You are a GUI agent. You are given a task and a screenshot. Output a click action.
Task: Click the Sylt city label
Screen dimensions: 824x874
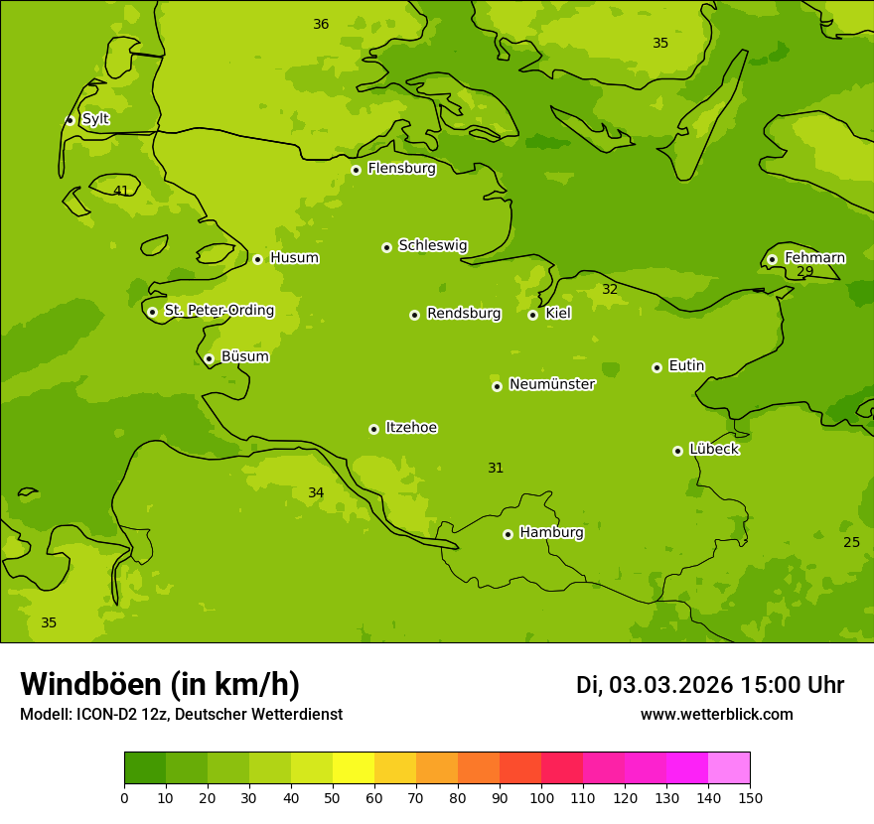pyautogui.click(x=95, y=119)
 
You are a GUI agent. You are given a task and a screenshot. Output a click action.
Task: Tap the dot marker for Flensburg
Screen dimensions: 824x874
pyautogui.click(x=356, y=170)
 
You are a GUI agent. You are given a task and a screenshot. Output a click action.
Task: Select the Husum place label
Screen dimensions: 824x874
pyautogui.click(x=294, y=258)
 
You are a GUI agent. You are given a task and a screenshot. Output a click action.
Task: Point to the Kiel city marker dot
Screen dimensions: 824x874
pyautogui.click(x=532, y=315)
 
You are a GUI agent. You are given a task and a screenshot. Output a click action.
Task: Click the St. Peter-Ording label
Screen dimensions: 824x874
pyautogui.click(x=218, y=311)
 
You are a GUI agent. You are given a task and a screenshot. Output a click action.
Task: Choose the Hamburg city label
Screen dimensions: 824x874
pyautogui.click(x=551, y=533)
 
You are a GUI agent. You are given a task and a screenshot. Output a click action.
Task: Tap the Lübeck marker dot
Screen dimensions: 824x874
pyautogui.click(x=677, y=451)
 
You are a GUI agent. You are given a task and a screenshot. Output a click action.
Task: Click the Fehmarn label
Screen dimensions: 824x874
pyautogui.click(x=814, y=258)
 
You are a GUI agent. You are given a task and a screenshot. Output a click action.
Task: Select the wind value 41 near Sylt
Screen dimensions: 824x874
pyautogui.click(x=121, y=192)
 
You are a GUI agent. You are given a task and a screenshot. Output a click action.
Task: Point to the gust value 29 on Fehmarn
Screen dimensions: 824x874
pyautogui.click(x=805, y=272)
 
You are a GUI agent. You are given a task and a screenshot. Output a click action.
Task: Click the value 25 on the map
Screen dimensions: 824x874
pyautogui.click(x=851, y=542)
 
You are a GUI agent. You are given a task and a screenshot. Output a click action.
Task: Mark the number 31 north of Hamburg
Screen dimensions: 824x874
pyautogui.click(x=496, y=469)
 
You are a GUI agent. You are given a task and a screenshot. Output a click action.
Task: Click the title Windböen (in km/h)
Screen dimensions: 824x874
pyautogui.click(x=160, y=684)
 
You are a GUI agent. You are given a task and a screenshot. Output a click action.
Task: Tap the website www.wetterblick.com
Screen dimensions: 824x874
pyautogui.click(x=716, y=715)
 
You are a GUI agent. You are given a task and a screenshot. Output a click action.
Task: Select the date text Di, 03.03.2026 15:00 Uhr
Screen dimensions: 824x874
pyautogui.click(x=709, y=685)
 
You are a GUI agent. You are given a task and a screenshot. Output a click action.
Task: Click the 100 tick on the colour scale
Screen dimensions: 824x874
pyautogui.click(x=541, y=797)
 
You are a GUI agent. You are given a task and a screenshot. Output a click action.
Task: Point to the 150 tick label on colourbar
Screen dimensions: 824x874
pyautogui.click(x=749, y=797)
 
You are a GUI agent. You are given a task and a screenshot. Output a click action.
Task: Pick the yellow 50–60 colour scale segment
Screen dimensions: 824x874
pyautogui.click(x=354, y=768)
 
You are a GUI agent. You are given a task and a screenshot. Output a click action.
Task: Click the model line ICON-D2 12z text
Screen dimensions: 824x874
pyautogui.click(x=181, y=715)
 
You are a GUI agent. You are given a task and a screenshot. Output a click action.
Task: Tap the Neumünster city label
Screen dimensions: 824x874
pyautogui.click(x=551, y=384)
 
